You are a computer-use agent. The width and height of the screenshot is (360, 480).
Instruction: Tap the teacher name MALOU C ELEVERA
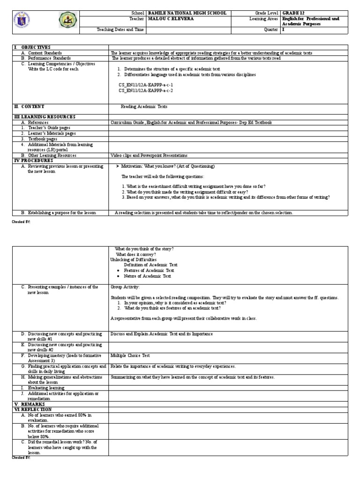[170, 19]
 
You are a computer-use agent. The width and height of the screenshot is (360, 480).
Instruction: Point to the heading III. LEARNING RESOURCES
[45, 117]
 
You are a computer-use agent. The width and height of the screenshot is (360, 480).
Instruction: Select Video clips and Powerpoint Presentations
[149, 155]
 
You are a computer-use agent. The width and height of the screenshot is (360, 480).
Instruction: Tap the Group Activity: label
[125, 286]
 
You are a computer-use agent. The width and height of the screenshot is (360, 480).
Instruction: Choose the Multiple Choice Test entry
[130, 356]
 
